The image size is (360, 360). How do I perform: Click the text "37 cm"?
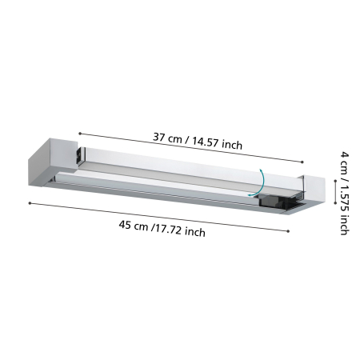(169, 137)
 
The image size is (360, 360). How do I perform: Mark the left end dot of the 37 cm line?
(79, 133)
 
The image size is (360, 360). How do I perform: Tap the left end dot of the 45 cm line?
(30, 203)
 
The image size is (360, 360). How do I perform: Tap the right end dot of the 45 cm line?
(288, 232)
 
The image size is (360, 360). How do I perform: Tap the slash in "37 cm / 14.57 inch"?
(189, 140)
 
